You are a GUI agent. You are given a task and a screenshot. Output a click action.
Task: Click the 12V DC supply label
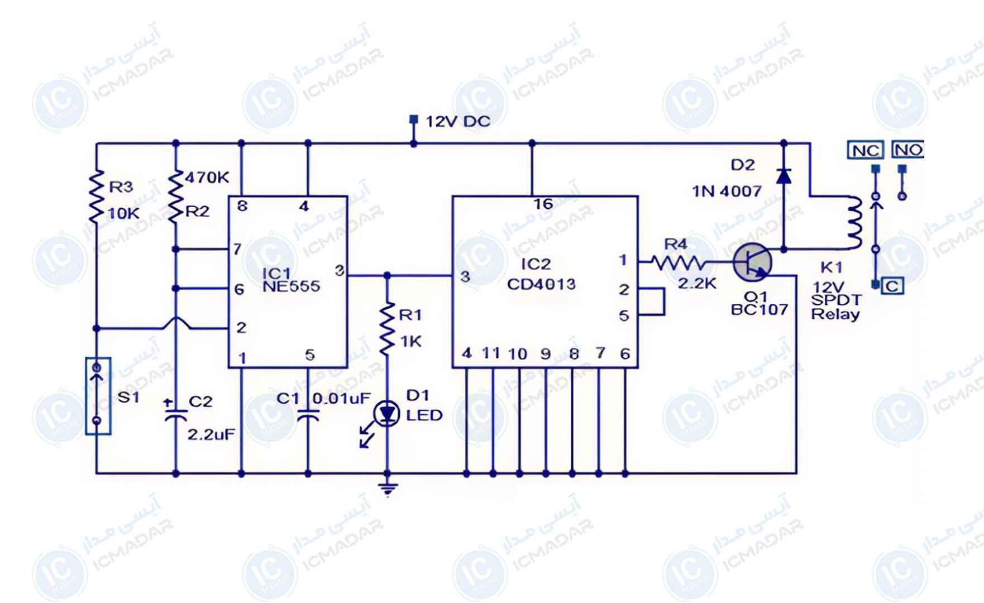click(x=458, y=121)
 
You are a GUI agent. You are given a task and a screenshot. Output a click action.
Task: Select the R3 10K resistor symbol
click(x=97, y=197)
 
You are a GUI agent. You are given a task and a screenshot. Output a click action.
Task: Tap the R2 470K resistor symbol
click(x=176, y=197)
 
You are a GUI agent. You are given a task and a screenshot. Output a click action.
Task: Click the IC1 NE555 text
click(x=291, y=280)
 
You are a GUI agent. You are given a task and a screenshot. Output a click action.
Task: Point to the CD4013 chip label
click(x=541, y=284)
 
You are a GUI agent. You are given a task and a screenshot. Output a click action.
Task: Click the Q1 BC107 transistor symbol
click(x=753, y=262)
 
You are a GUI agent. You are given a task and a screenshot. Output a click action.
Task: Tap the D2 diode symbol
click(x=784, y=175)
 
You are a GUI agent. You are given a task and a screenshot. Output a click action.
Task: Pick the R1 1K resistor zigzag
click(x=386, y=329)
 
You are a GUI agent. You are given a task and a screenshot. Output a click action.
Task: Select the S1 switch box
click(x=98, y=396)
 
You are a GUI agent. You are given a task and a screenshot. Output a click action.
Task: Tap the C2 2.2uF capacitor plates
click(x=176, y=415)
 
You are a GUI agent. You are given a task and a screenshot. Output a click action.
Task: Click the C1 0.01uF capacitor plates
click(x=308, y=415)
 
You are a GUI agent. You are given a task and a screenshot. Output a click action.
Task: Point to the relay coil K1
click(x=854, y=222)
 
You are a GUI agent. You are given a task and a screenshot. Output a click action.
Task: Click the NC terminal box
click(x=866, y=150)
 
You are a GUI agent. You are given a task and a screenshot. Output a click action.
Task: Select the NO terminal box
click(x=908, y=150)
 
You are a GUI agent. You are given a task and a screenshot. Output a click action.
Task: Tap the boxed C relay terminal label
click(x=892, y=286)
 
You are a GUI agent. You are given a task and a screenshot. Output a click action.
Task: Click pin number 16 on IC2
click(x=543, y=204)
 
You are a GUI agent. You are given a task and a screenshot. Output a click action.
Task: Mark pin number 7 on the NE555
click(x=237, y=249)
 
